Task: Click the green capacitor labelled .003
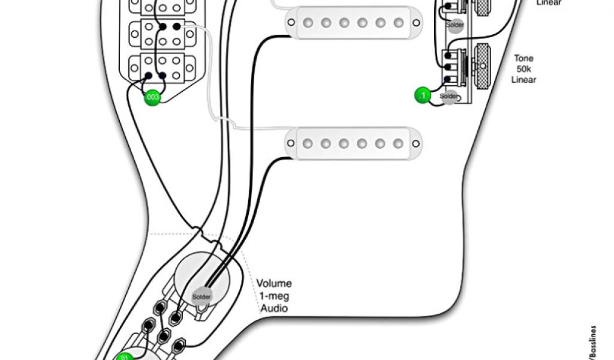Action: point(152,98)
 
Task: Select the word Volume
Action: point(274,283)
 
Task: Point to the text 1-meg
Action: point(272,296)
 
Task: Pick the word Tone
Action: point(523,58)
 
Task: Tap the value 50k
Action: point(523,69)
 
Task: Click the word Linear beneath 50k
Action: point(523,80)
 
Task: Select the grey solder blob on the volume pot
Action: point(201,296)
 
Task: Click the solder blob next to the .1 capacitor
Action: point(449,97)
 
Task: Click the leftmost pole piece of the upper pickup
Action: point(308,23)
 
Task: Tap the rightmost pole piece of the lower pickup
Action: point(398,143)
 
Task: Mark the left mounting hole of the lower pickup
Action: point(290,143)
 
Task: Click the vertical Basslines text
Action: point(593,342)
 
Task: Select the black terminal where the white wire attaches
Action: point(176,26)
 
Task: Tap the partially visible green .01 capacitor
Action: point(125,356)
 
